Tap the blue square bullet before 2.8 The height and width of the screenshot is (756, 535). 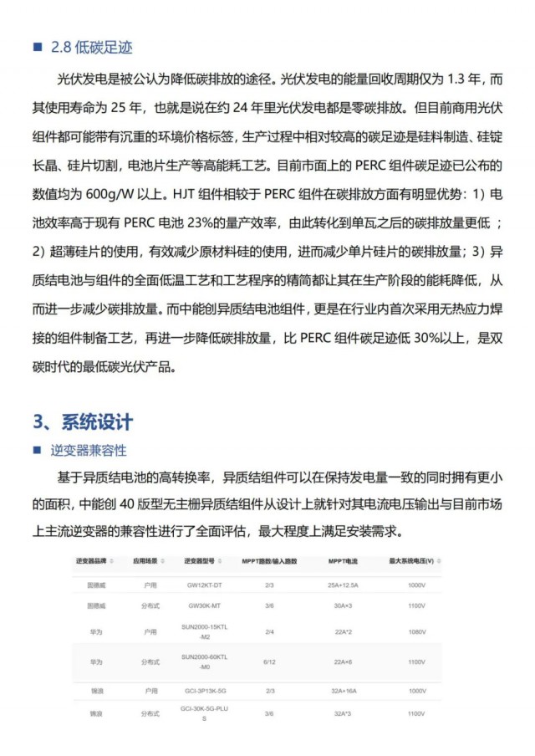[37, 48]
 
